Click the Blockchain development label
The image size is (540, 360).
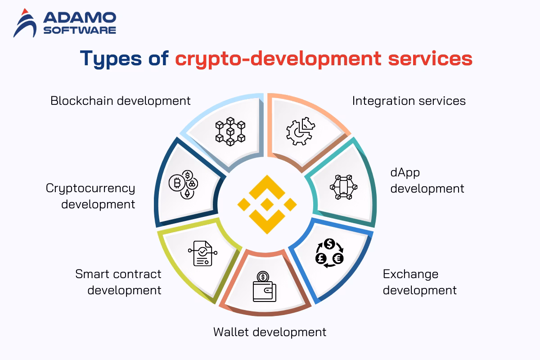121,100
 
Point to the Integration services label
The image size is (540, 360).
409,100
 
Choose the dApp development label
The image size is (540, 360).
427,180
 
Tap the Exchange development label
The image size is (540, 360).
419,282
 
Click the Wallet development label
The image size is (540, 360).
270,332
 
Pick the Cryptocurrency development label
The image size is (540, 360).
90,196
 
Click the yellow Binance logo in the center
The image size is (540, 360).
267,204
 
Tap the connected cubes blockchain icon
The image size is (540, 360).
230,130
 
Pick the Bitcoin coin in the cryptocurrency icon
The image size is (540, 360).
175,183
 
